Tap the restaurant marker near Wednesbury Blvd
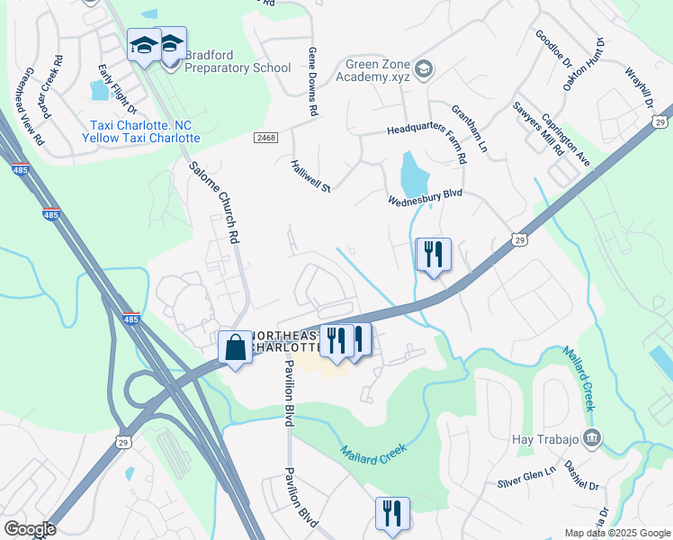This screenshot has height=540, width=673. (433, 255)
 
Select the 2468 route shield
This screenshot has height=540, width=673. (265, 138)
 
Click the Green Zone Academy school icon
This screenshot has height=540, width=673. (424, 68)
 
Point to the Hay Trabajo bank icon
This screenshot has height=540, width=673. (593, 438)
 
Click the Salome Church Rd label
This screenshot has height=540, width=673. (214, 202)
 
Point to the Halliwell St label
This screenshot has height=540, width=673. (311, 175)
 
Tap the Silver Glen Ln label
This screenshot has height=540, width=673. (528, 476)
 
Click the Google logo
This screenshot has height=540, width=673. (30, 528)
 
